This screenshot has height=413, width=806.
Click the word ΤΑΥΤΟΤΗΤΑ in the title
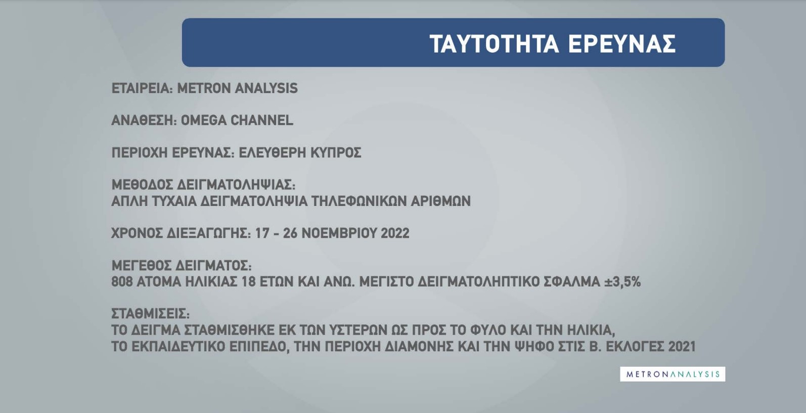(494, 44)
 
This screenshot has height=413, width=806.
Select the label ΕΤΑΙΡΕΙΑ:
(143, 88)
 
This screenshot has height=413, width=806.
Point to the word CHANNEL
(261, 120)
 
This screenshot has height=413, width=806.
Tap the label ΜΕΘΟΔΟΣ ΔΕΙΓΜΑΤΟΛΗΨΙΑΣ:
(203, 185)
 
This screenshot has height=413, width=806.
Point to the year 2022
(395, 233)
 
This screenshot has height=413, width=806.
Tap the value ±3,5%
(622, 281)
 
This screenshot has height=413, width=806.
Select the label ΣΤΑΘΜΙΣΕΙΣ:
(150, 314)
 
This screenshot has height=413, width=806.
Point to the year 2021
(682, 346)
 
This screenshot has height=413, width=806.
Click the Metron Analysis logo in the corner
(673, 374)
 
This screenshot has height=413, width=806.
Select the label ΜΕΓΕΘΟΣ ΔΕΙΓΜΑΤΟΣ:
(182, 265)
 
